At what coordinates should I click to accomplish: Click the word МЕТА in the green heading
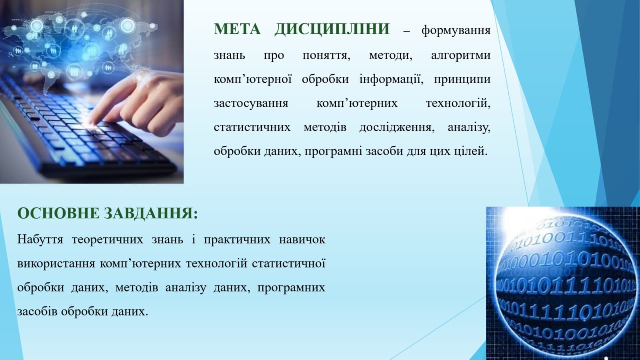tap(237, 29)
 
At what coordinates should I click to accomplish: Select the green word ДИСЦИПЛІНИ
tap(332, 30)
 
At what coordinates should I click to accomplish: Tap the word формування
tap(456, 30)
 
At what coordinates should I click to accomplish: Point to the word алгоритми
tap(460, 55)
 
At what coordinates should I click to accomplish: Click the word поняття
tap(326, 56)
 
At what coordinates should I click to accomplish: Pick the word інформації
tap(391, 79)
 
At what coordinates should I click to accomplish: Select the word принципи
tap(462, 80)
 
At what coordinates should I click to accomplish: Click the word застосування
tap(251, 104)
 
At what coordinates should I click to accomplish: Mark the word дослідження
tap(397, 128)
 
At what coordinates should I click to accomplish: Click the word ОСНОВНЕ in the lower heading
tap(58, 213)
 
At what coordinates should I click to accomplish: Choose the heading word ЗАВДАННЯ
tap(151, 214)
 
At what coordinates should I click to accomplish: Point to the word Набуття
tap(40, 239)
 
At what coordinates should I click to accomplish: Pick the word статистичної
tap(289, 263)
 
